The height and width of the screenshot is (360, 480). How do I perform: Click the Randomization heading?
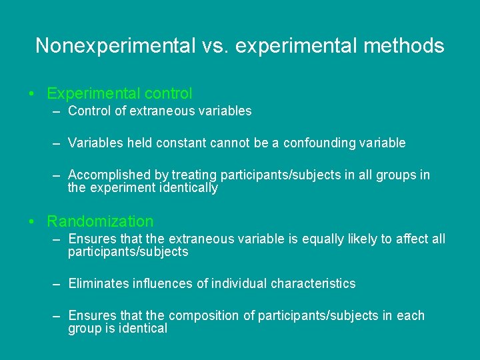[x=100, y=221]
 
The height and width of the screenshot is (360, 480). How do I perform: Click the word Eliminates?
[x=97, y=283]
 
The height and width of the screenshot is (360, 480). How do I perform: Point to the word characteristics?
[x=313, y=283]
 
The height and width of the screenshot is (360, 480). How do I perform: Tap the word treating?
[x=193, y=175]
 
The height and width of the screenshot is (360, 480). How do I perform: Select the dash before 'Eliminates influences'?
[x=58, y=283]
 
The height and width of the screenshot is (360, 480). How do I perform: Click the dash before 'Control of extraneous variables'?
[x=58, y=111]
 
